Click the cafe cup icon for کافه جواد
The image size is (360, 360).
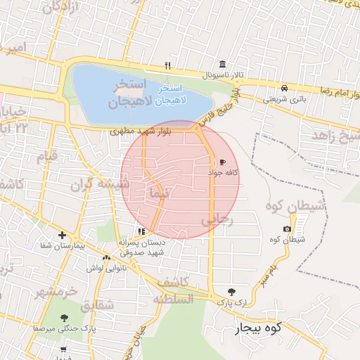coord(223,162)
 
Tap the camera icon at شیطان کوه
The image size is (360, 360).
coord(287,229)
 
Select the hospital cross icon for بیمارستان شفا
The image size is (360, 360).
coord(63,236)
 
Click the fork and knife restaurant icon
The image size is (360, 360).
coord(167,66)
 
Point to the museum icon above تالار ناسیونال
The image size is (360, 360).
coord(222,64)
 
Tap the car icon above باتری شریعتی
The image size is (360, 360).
coord(283,89)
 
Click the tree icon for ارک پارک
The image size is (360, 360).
coord(232,292)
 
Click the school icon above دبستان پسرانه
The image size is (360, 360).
coord(141,231)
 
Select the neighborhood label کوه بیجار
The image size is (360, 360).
coord(258,327)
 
